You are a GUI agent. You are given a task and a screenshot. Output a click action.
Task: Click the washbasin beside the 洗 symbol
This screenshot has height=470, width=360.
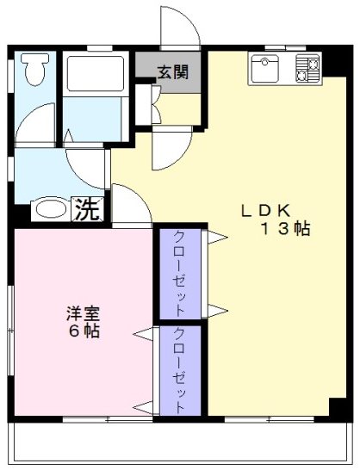pos(51,209)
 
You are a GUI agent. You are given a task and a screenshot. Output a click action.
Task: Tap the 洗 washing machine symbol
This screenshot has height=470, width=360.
pos(87,209)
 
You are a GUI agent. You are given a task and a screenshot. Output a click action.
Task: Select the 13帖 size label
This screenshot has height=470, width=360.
pos(287,230)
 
